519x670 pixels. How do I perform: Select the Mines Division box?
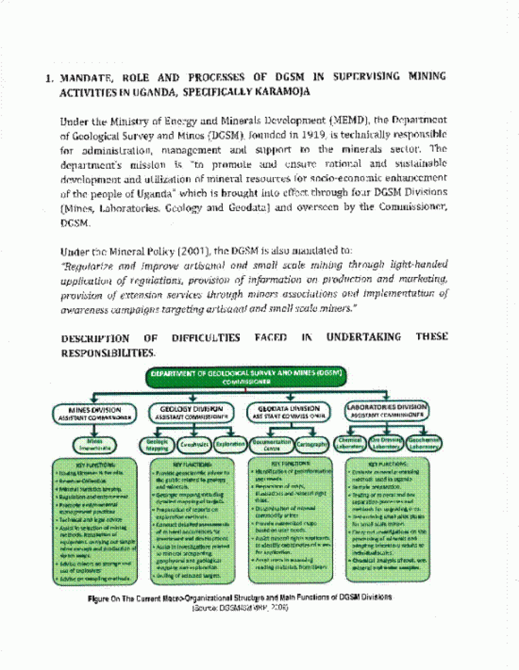click(x=94, y=412)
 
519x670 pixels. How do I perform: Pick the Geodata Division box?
click(x=287, y=412)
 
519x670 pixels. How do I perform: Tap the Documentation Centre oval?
click(x=272, y=444)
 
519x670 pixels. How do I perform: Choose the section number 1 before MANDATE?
click(x=49, y=78)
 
